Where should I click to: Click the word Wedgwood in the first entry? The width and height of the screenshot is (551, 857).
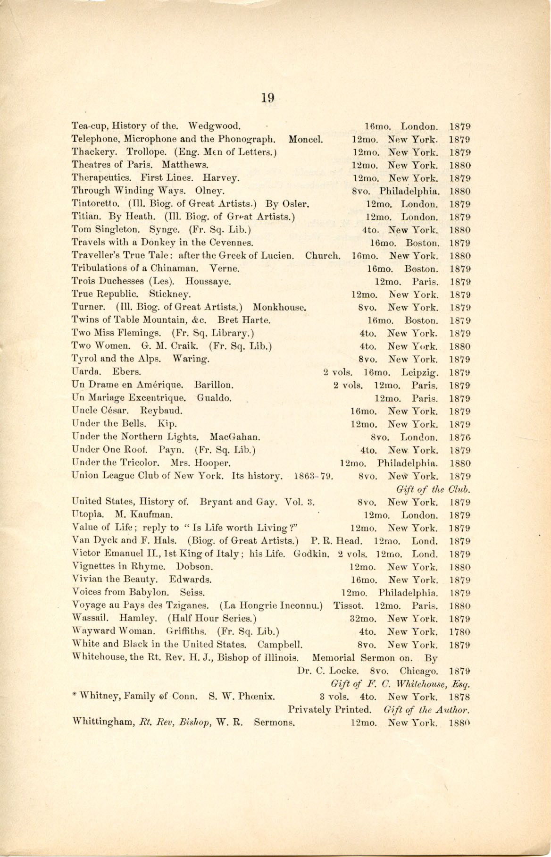click(x=215, y=126)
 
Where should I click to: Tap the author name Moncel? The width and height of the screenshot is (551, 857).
click(x=305, y=139)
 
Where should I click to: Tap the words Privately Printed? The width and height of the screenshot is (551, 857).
click(x=329, y=709)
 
